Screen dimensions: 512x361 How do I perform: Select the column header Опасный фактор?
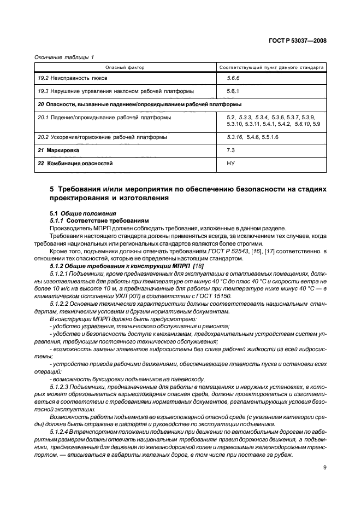click(x=125, y=68)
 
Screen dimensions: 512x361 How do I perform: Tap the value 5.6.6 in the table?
click(x=233, y=78)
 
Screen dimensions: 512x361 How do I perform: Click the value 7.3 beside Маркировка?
click(x=230, y=149)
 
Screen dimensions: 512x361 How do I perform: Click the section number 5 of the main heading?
click(x=52, y=189)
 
